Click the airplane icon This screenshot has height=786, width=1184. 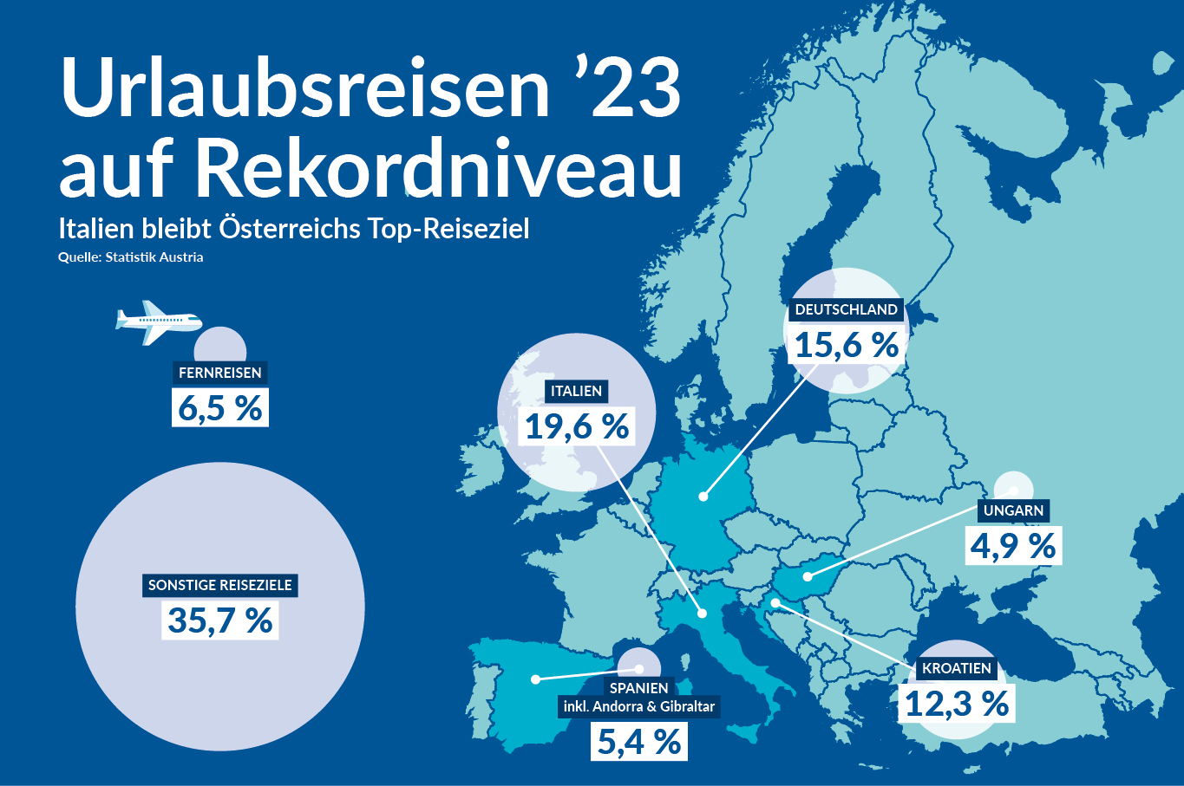click(157, 322)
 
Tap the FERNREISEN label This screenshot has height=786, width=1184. click(219, 373)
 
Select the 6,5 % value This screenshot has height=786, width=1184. click(220, 408)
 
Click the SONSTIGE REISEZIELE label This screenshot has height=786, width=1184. click(220, 585)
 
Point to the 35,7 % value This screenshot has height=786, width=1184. click(220, 621)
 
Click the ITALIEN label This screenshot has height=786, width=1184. click(576, 391)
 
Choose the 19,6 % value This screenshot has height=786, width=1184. click(578, 426)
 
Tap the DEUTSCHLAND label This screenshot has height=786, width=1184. click(846, 309)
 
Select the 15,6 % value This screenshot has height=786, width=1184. click(847, 345)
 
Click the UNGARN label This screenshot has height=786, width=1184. click(1013, 510)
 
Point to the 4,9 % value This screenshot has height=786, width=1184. click(1013, 547)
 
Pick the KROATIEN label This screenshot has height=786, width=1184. click(956, 668)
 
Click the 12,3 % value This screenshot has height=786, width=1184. click(957, 705)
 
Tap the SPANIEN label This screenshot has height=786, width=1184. click(639, 688)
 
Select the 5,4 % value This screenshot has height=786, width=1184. click(639, 743)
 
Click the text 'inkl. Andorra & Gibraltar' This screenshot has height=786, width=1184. click(639, 706)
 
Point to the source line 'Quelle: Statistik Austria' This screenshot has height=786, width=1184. click(131, 257)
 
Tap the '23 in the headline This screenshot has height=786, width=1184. click(626, 89)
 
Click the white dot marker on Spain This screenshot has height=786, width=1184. click(536, 679)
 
